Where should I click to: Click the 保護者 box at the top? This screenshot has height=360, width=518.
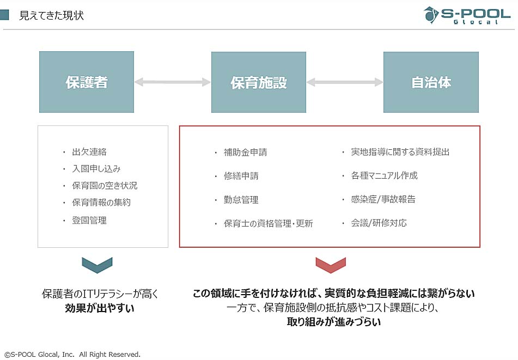[x=87, y=82]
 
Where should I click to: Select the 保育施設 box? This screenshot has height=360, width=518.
[x=259, y=82]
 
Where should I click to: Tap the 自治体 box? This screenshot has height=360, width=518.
[x=431, y=82]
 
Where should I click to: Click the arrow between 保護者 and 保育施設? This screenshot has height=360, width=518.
[x=173, y=82]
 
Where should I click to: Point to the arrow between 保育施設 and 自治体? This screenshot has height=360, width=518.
[x=345, y=82]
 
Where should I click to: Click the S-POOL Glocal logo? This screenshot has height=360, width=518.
[x=467, y=15]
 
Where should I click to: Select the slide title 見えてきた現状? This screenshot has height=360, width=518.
[x=52, y=16]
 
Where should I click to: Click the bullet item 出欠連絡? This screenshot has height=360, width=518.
[x=89, y=152]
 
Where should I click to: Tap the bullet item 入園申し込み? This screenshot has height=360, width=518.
[x=96, y=169]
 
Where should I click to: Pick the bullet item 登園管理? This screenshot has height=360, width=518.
[x=89, y=220]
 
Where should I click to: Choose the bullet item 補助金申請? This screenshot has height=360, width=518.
[x=245, y=152]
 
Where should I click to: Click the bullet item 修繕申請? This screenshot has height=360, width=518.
[x=241, y=176]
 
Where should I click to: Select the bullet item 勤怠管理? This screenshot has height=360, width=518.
[x=241, y=199]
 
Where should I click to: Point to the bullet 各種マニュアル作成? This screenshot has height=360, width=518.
[x=384, y=175]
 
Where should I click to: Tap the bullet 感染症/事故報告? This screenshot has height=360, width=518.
[x=383, y=199]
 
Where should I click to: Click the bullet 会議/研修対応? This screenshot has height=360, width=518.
[x=379, y=223]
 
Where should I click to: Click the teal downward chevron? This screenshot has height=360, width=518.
[x=97, y=265]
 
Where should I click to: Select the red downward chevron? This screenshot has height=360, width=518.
[x=331, y=265]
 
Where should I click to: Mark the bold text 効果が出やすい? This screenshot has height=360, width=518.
[x=100, y=308]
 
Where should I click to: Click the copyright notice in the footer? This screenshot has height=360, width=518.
[x=72, y=355]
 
